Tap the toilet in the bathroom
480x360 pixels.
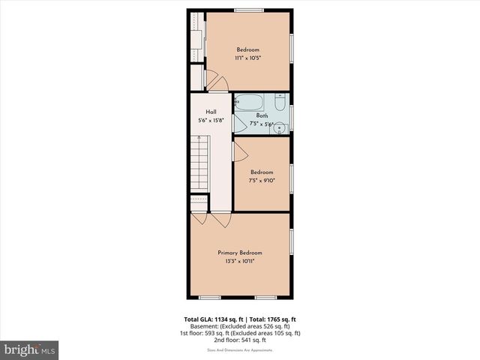click(278, 104)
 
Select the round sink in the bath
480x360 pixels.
click(279, 125)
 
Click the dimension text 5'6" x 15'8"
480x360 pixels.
click(211, 120)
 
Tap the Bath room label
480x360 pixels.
click(262, 115)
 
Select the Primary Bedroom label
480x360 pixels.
click(240, 253)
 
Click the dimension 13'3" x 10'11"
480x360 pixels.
click(240, 262)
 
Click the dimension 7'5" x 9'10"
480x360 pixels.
click(262, 180)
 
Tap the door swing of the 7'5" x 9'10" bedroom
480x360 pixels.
click(240, 151)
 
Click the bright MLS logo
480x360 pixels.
click(30, 349)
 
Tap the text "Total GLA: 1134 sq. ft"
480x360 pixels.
click(215, 319)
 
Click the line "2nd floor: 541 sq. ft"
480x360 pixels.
click(240, 340)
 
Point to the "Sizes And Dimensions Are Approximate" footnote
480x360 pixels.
click(240, 349)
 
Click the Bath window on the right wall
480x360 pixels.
click(291, 116)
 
